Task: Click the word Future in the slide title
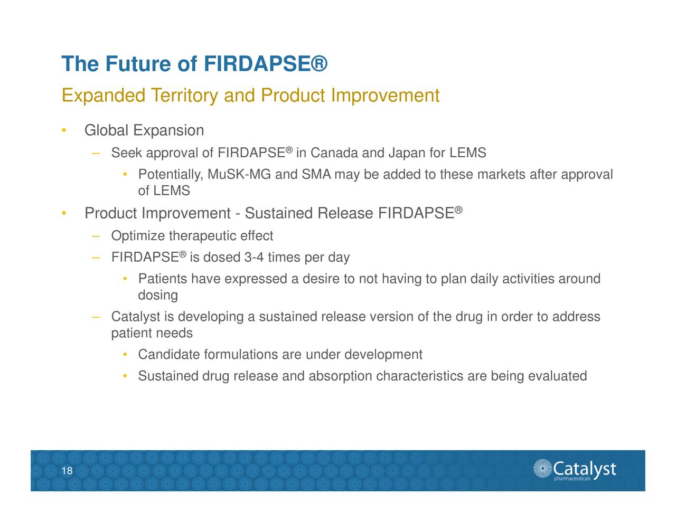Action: tap(138, 64)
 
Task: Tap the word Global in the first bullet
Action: tap(106, 130)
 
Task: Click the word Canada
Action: tap(334, 153)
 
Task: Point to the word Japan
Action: tap(406, 153)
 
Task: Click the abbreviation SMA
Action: tap(316, 175)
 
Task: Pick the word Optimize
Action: tap(138, 236)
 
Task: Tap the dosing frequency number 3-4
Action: tap(254, 258)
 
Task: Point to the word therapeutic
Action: tap(202, 236)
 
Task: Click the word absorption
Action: tap(340, 376)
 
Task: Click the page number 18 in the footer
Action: tap(67, 471)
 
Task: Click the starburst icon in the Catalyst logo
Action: tap(542, 469)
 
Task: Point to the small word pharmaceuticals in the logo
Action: tap(572, 479)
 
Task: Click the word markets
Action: tap(501, 175)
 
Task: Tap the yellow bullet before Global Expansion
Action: tap(63, 131)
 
